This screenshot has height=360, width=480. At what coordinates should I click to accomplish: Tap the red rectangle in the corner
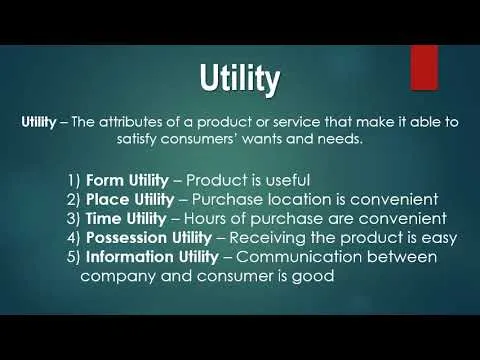tap(424, 65)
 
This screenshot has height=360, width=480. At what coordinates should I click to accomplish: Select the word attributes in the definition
tap(139, 122)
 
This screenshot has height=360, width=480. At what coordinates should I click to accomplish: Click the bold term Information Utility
tap(166, 257)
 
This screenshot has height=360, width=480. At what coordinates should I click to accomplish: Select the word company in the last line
tap(118, 276)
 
